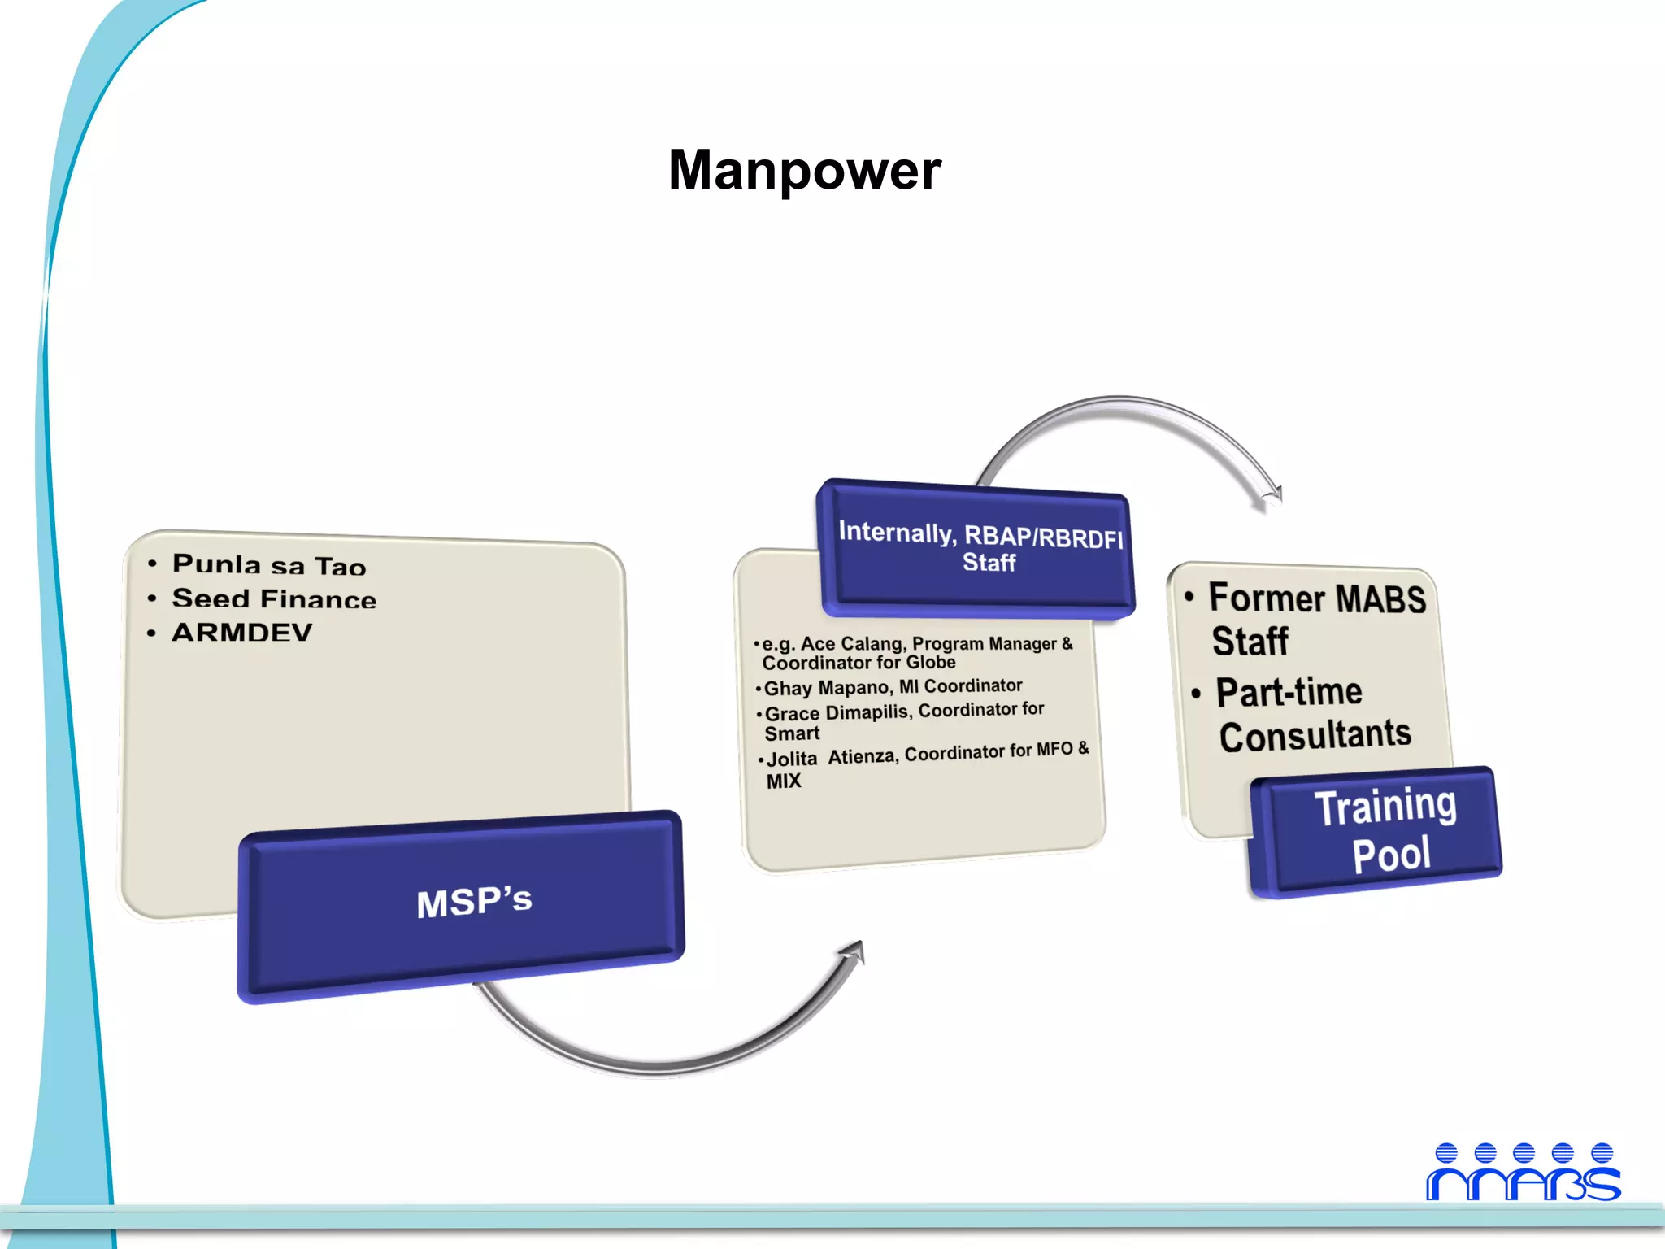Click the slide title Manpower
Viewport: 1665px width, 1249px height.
point(804,171)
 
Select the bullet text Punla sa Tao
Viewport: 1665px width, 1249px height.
point(269,564)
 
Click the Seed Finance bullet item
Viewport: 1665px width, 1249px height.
point(274,599)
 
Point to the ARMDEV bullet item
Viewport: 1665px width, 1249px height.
point(241,633)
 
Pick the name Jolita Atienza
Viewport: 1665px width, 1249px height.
point(832,758)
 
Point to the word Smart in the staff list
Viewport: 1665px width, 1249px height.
point(792,734)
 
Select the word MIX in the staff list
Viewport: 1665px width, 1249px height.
point(784,781)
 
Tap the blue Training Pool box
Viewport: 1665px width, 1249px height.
point(1385,831)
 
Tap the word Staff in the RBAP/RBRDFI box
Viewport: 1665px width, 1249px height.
point(989,563)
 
